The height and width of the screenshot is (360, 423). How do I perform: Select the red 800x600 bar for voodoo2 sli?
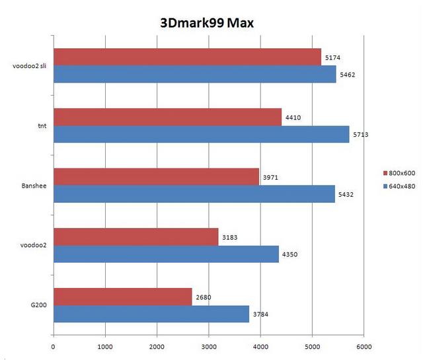(x=187, y=57)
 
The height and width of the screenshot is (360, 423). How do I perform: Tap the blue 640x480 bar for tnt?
(x=201, y=134)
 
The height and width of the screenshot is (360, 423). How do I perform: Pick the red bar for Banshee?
(x=156, y=177)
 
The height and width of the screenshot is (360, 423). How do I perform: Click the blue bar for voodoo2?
(x=166, y=254)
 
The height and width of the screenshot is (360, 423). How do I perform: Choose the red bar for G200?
(x=122, y=297)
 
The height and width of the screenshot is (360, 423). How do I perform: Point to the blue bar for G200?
(x=151, y=314)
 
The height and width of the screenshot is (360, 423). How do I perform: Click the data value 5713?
(x=360, y=135)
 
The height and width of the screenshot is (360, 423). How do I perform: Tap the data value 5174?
(x=332, y=58)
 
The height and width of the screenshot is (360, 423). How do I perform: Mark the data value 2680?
(x=203, y=297)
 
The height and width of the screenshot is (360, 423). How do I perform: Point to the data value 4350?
(x=289, y=254)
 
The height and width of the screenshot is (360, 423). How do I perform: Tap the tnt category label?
(x=42, y=126)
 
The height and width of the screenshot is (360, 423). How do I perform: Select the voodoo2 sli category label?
(x=29, y=66)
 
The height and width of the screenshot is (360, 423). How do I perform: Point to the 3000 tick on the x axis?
(x=208, y=346)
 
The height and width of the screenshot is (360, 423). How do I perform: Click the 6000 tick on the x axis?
(x=363, y=346)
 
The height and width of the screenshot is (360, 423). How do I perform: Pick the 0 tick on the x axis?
(x=53, y=346)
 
